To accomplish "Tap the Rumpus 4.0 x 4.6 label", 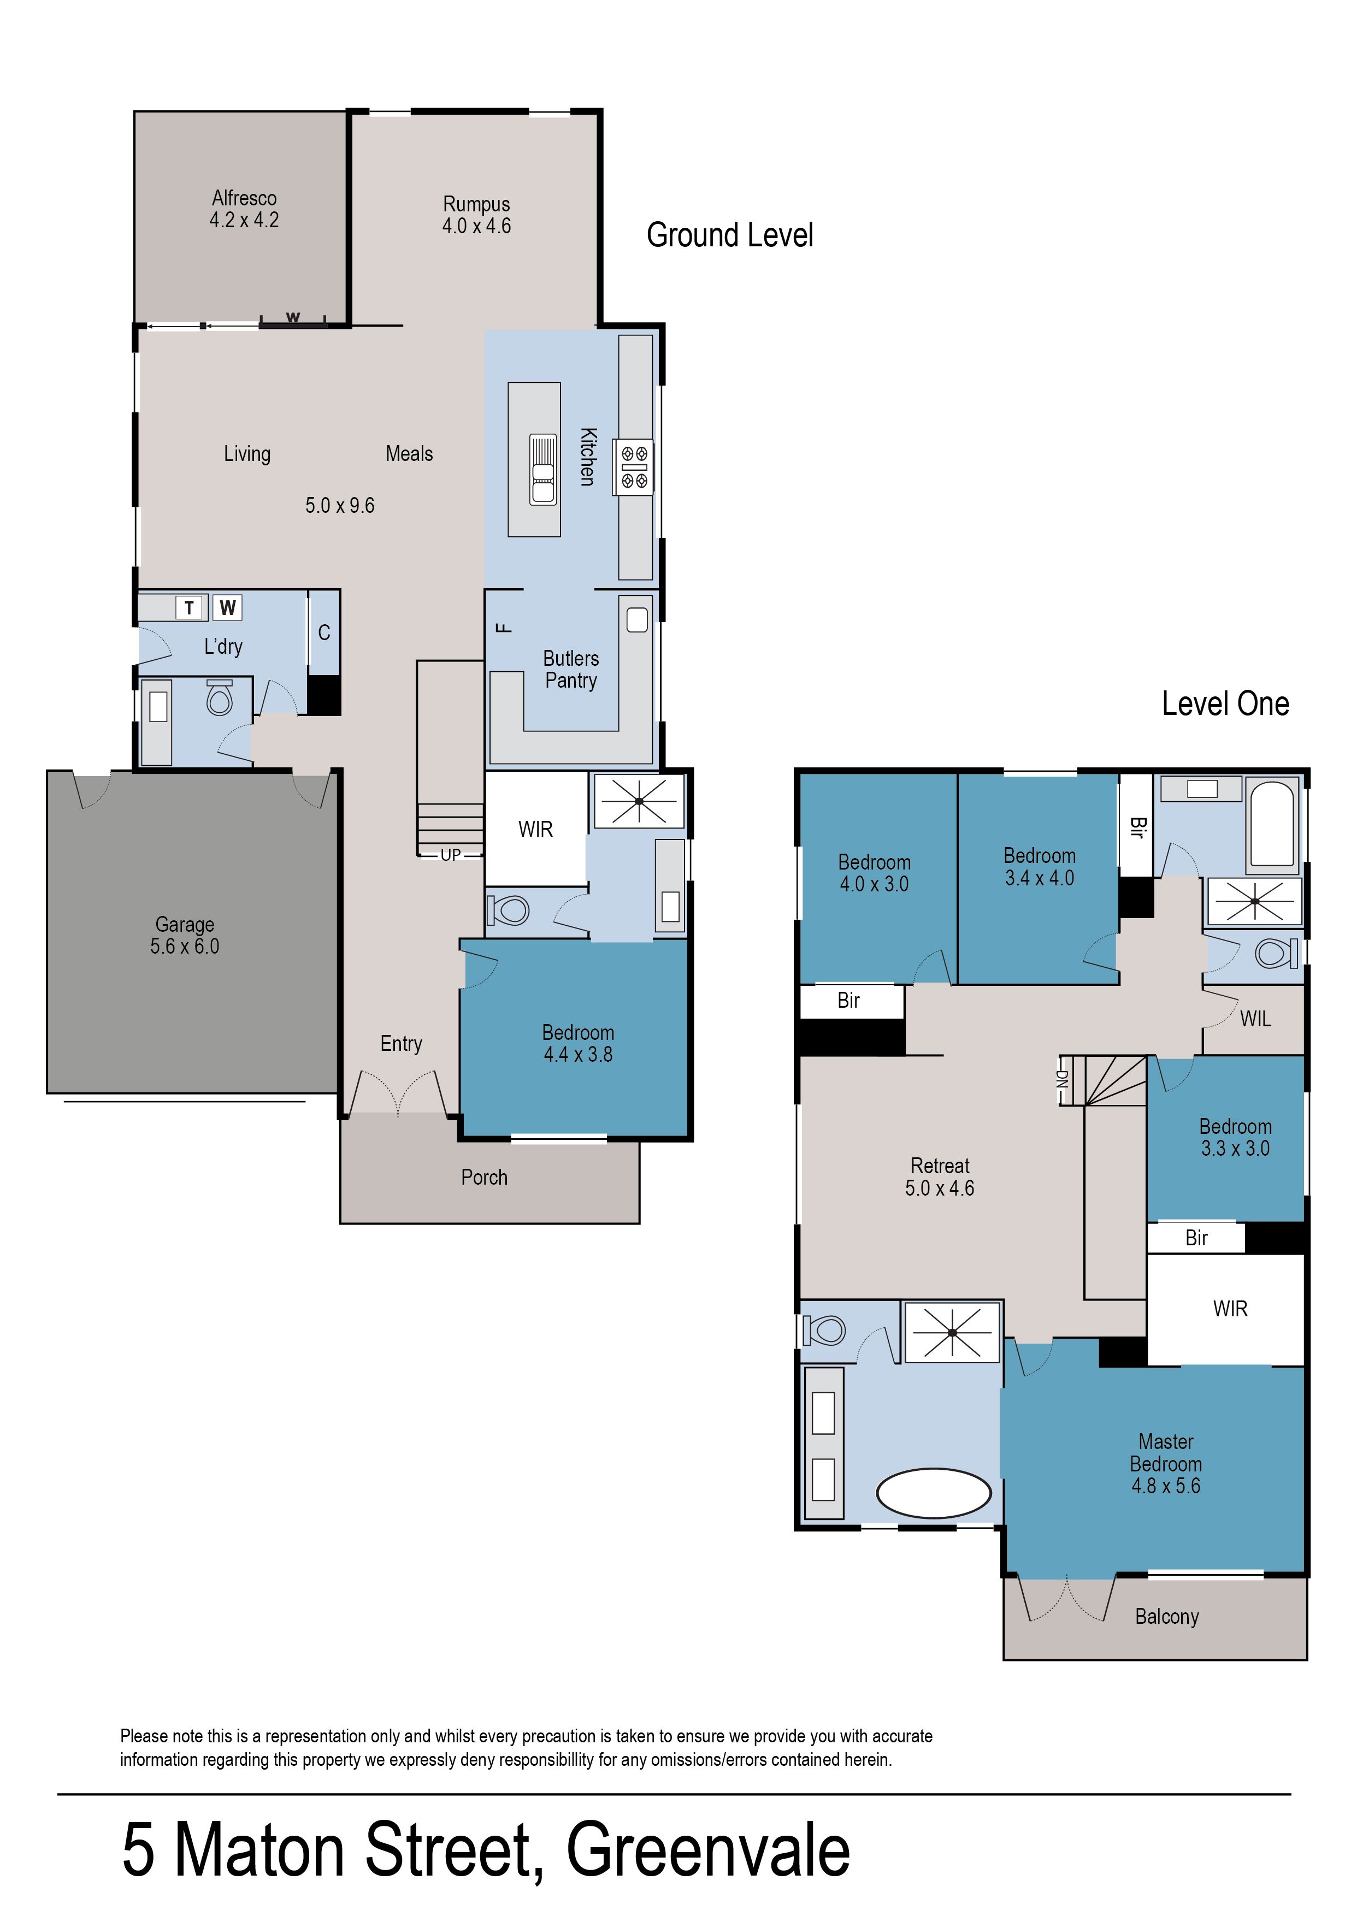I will click(x=476, y=215).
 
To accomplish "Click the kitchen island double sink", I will click(x=542, y=470).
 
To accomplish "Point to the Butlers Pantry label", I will click(x=571, y=669).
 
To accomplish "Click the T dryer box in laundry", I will click(x=190, y=607).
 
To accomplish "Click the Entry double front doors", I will click(x=398, y=1092).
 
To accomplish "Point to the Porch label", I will click(x=484, y=1177).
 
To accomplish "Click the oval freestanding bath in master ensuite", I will click(x=934, y=1493).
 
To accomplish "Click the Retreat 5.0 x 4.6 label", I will click(x=940, y=1177).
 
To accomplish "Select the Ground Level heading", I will click(x=729, y=235).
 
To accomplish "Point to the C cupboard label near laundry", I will click(x=324, y=632).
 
